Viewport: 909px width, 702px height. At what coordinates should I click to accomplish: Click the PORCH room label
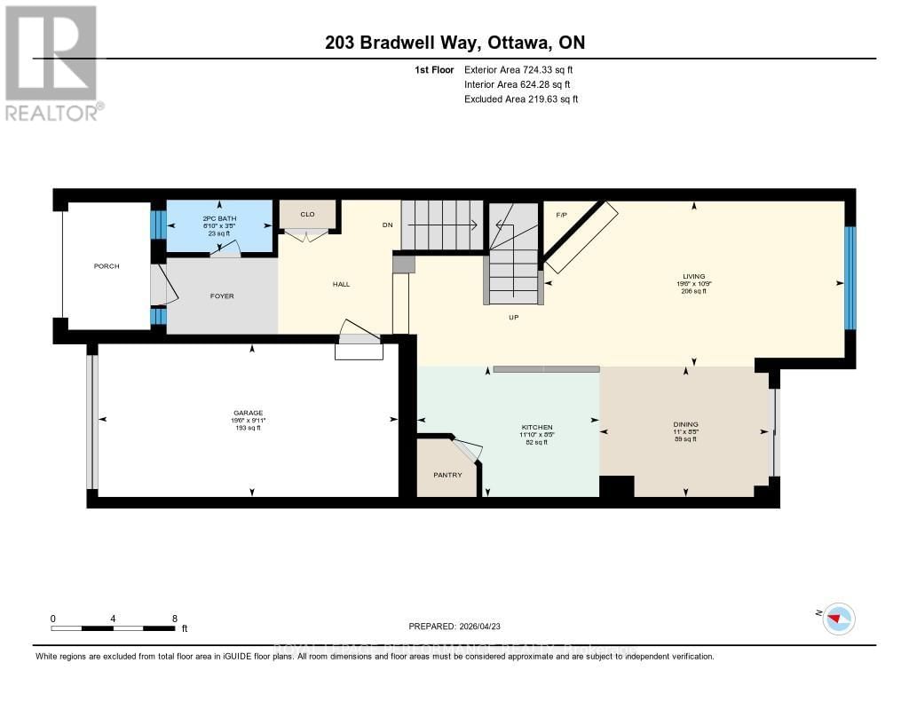click(107, 266)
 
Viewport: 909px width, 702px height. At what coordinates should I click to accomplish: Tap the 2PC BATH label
click(219, 217)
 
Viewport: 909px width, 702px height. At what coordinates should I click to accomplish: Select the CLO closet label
click(307, 214)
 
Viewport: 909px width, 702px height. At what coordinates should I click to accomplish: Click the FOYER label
click(222, 296)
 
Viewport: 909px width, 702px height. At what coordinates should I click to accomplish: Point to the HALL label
click(341, 285)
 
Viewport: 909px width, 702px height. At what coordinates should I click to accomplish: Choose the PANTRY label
click(447, 475)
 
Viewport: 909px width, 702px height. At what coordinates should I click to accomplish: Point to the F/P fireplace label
click(561, 216)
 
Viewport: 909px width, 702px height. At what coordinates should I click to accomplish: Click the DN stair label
click(387, 225)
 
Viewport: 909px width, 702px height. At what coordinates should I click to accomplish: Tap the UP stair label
click(513, 317)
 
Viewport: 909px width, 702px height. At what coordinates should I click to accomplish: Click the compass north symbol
click(837, 618)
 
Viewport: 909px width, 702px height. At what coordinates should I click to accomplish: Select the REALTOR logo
click(54, 62)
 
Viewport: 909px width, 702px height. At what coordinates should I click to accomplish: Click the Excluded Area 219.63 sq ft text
click(521, 99)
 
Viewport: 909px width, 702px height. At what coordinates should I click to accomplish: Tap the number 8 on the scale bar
click(174, 619)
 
